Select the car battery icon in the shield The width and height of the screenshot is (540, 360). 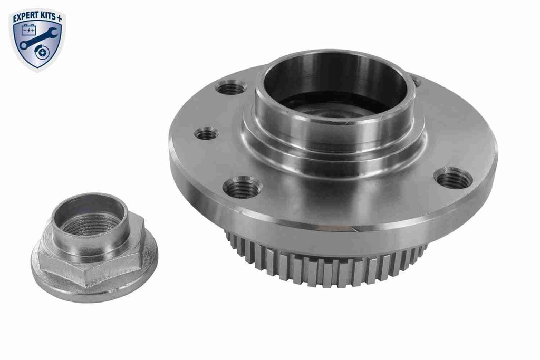point(28,31)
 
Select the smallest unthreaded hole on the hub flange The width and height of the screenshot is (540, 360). point(206,134)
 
